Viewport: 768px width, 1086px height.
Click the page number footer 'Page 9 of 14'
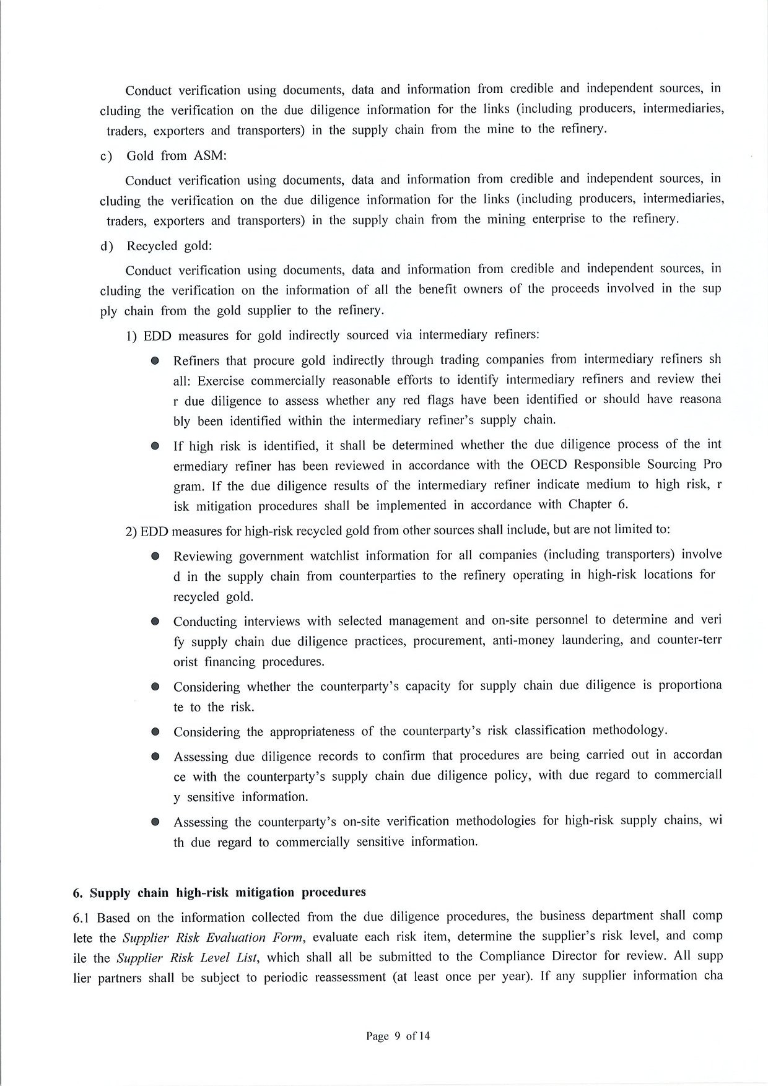click(398, 1036)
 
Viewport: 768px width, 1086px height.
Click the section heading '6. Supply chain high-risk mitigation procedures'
click(219, 892)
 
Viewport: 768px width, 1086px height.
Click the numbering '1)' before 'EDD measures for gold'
click(131, 336)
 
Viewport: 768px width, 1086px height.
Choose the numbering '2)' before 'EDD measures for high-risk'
click(131, 531)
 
